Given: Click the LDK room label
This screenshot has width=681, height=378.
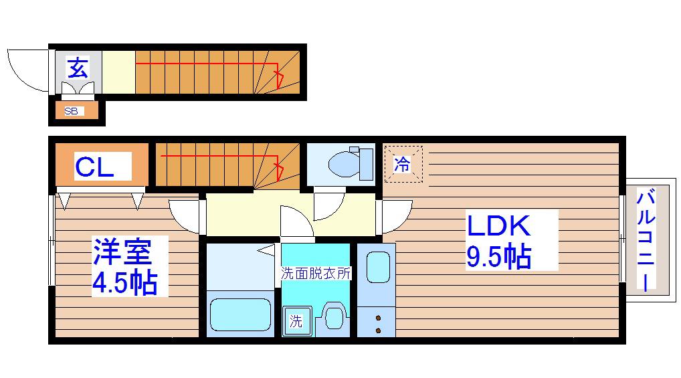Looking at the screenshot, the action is pos(498,225).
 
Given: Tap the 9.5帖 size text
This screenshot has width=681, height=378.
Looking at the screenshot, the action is pos(498,256).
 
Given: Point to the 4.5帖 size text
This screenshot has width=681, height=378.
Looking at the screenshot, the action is pos(124,282).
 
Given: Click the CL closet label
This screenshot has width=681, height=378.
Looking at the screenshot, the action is pos(94,167).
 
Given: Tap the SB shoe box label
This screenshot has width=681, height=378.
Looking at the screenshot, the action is pos(71,111).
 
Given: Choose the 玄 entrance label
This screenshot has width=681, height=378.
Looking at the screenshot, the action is pos(78,68).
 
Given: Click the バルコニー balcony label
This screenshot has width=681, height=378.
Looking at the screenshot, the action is pos(646,239).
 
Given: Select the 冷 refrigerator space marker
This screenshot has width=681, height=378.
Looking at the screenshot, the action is pos(402,164).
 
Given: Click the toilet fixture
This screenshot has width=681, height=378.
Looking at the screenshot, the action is pos(351,164).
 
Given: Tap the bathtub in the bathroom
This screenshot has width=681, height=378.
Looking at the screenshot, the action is pos(240,314).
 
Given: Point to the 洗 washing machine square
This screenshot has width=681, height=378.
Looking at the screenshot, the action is pos(297,320).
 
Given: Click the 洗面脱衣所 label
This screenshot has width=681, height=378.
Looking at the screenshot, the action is pos(315,273).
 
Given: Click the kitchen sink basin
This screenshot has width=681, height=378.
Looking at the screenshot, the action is pos(378,268).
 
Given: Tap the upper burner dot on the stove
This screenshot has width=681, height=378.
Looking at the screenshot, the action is pos(378,318).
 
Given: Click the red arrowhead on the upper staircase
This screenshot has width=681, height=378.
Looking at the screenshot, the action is pos(279,79).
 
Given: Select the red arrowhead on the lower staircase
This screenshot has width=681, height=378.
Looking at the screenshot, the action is pos(279,171).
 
